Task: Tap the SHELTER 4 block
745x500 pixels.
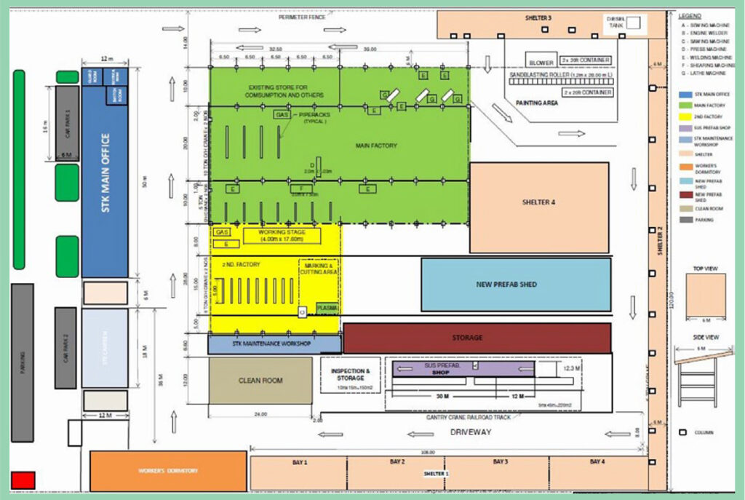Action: pyautogui.click(x=539, y=202)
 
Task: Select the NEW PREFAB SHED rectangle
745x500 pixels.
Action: pyautogui.click(x=517, y=284)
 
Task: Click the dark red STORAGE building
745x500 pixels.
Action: pyautogui.click(x=477, y=338)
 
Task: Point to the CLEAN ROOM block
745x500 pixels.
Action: pyautogui.click(x=260, y=380)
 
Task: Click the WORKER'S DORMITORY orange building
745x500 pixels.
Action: pyautogui.click(x=168, y=471)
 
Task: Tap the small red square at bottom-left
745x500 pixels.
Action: pyautogui.click(x=23, y=480)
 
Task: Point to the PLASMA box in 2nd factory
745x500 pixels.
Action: pyautogui.click(x=327, y=309)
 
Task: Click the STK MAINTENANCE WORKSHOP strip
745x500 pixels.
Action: pyautogui.click(x=274, y=344)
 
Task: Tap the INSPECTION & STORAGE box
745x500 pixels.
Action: pyautogui.click(x=351, y=374)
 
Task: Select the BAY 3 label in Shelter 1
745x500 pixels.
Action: pyautogui.click(x=500, y=462)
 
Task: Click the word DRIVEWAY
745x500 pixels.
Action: pyautogui.click(x=471, y=432)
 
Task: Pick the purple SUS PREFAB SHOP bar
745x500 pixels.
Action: pyautogui.click(x=463, y=369)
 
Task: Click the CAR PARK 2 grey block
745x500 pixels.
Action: pyautogui.click(x=65, y=347)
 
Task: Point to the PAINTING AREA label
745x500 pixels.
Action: pyautogui.click(x=536, y=103)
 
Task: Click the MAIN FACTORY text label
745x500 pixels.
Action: pyautogui.click(x=376, y=146)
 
